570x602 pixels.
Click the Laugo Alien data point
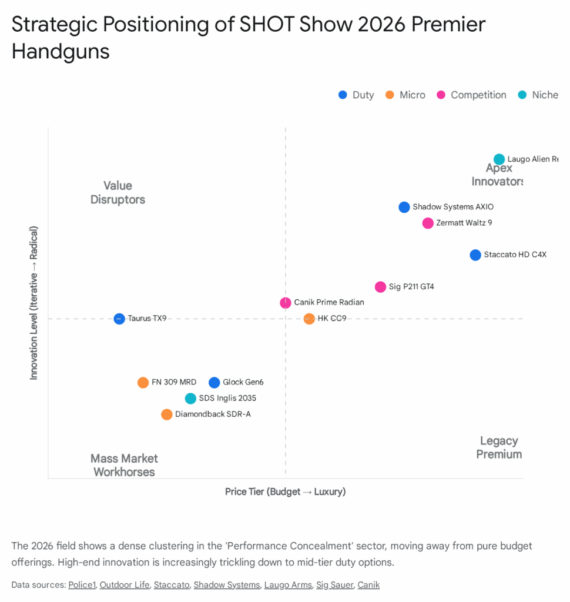point(499,159)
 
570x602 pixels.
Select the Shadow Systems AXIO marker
point(404,207)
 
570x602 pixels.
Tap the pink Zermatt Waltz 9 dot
point(428,223)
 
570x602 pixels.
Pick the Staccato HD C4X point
point(475,255)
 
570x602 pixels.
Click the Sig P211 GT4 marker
point(380,287)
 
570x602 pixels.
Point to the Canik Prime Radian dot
point(286,303)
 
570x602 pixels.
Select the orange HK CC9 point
point(309,319)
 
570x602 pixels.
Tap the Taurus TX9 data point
point(119,319)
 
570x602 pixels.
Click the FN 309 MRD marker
point(143,383)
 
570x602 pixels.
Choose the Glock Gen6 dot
point(214,383)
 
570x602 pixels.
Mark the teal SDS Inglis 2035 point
point(190,399)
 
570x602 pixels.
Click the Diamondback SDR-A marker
point(167,414)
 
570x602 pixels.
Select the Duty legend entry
point(356,95)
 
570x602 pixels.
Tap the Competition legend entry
point(472,95)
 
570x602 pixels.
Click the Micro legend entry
point(405,95)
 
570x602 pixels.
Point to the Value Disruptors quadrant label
point(118,193)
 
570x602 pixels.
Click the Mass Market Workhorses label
point(124,465)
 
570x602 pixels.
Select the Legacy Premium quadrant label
point(499,447)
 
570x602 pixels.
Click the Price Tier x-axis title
point(285,491)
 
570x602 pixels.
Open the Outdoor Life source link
point(125,585)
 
